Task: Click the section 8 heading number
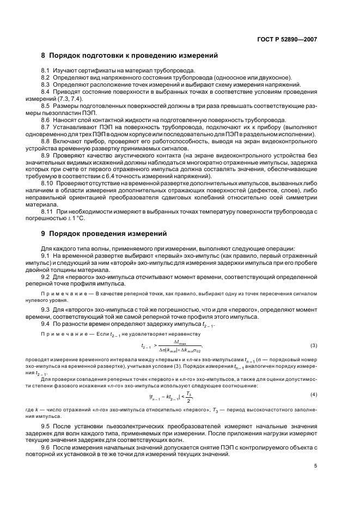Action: coord(44,56)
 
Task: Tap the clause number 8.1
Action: coord(45,71)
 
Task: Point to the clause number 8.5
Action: coord(45,106)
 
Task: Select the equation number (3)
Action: coord(314,345)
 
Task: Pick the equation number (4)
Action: coord(314,394)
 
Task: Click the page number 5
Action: coord(315,466)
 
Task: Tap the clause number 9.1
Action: coord(45,256)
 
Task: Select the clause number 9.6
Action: coord(45,447)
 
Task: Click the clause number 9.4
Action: coord(45,324)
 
